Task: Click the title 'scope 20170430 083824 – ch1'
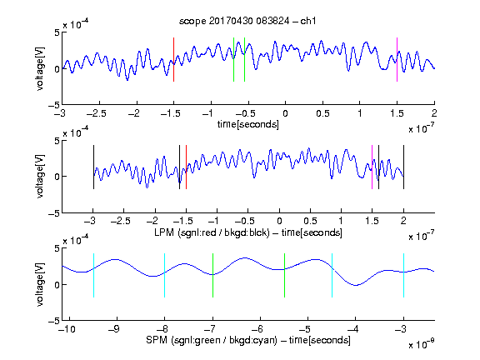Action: tap(247, 21)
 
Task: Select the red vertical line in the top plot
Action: tap(173, 60)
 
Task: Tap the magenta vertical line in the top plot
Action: tap(397, 60)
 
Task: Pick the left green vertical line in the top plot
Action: tap(233, 60)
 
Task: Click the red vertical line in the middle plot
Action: tap(186, 167)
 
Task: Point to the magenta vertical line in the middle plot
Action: tap(372, 167)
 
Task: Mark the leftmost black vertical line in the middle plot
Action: tap(93, 167)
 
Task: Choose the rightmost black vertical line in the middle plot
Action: tap(403, 167)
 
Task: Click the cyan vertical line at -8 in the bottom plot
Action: tap(164, 275)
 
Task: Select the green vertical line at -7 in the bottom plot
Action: tap(212, 275)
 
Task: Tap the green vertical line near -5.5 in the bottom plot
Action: tap(284, 275)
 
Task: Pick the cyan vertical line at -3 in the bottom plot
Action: tap(403, 275)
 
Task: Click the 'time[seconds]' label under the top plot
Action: tap(248, 124)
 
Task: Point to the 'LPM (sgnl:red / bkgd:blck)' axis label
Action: tap(212, 232)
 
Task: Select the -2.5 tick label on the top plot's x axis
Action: tap(96, 113)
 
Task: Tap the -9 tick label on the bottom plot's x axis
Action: tap(114, 329)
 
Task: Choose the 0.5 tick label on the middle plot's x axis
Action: tap(310, 221)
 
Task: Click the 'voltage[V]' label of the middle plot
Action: tap(40, 177)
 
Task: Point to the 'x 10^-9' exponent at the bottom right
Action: tap(421, 343)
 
